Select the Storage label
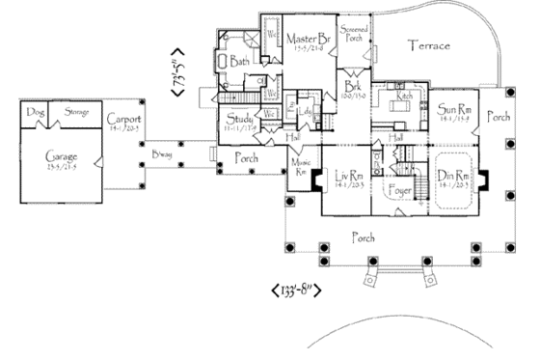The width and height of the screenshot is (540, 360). point(76,112)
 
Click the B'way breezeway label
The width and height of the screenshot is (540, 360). point(161,155)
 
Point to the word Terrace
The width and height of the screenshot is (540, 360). point(430,46)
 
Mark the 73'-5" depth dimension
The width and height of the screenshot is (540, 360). point(177,69)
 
